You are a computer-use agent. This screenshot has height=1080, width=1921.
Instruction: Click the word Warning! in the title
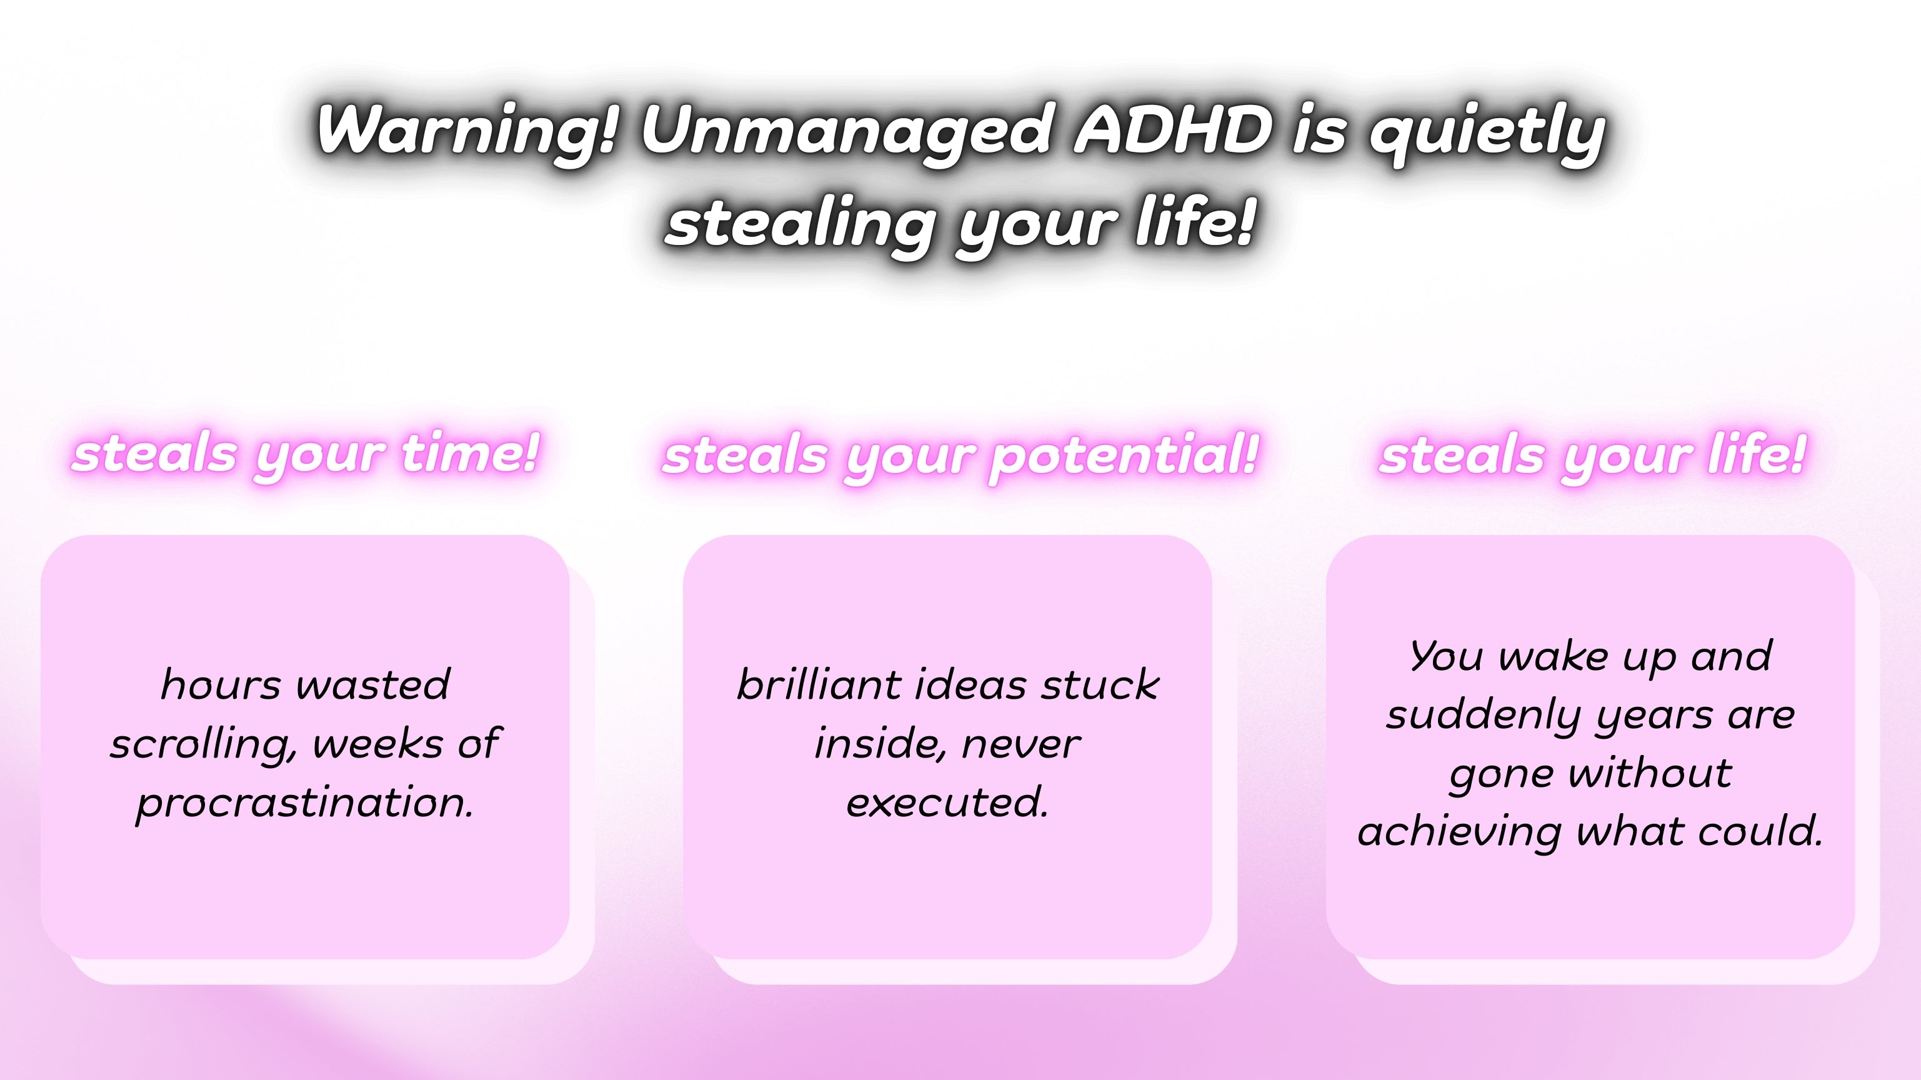tap(467, 131)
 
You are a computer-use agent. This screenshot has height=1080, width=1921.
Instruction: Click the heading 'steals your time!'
tap(306, 454)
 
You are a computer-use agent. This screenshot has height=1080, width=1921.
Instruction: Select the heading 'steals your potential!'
tap(960, 456)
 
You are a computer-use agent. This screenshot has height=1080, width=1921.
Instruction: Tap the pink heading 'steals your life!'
tap(1592, 456)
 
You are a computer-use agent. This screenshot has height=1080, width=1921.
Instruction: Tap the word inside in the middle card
tap(877, 744)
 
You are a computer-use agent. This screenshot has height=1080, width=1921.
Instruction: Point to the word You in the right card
tap(1447, 656)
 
